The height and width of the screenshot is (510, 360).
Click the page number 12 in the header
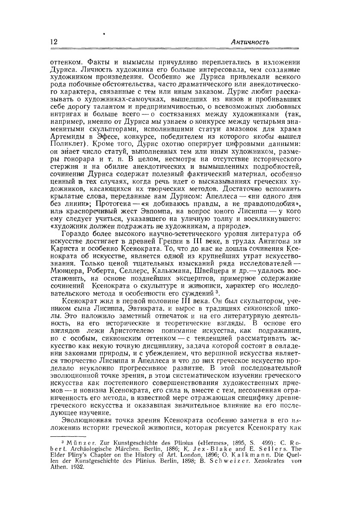coord(54,42)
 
